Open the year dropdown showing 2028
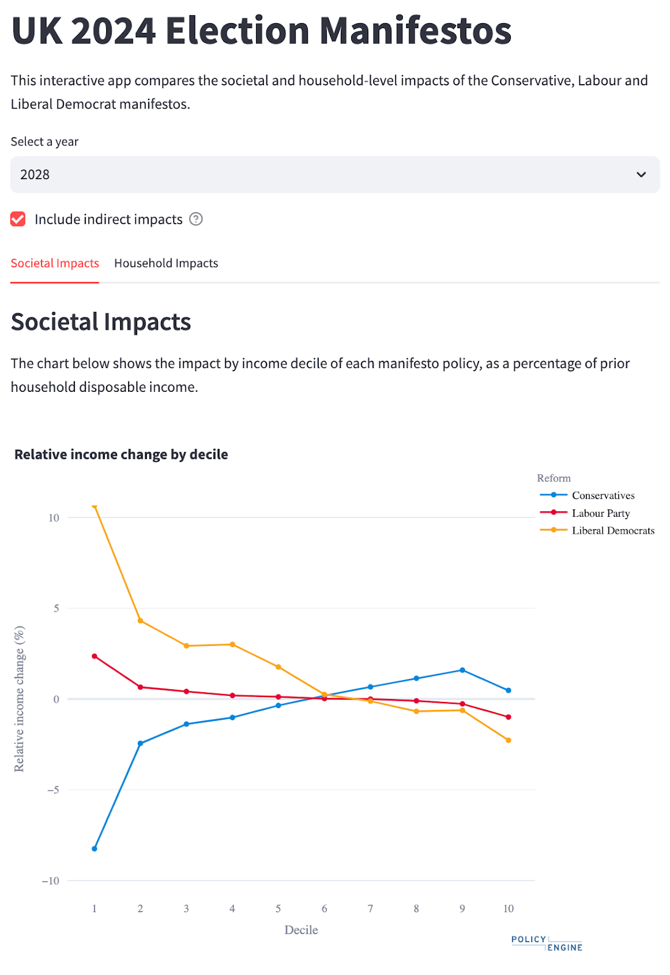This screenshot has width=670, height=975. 335,175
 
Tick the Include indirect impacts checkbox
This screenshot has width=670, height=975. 18,219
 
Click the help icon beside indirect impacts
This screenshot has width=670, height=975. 196,219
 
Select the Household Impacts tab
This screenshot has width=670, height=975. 166,263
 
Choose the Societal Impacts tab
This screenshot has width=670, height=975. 55,263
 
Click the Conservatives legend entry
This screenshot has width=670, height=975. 603,495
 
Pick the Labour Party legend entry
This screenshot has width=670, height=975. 601,513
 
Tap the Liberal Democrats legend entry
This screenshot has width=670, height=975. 613,531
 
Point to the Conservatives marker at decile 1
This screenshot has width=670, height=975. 94,849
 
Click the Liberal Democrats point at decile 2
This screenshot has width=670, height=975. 140,621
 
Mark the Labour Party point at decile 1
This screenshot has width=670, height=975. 94,656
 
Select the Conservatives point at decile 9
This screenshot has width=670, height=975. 463,670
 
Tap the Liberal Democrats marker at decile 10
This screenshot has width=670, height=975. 508,740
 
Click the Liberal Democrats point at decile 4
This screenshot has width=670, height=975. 232,645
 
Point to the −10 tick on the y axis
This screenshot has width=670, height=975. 51,881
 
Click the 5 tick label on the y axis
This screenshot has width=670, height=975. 56,608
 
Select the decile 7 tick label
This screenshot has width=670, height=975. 370,909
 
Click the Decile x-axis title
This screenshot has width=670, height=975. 301,930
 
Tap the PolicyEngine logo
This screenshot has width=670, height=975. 547,943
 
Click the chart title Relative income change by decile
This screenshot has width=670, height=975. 121,455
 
